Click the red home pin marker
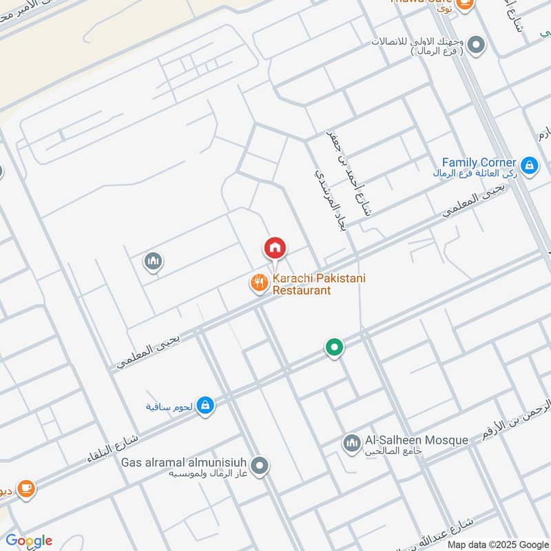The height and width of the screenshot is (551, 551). click(275, 248)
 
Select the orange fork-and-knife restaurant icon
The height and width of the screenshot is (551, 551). click(259, 282)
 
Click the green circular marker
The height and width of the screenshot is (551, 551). click(334, 347)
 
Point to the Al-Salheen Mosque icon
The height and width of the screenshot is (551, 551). click(351, 443)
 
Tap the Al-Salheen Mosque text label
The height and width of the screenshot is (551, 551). click(417, 440)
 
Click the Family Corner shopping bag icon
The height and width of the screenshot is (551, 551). click(529, 165)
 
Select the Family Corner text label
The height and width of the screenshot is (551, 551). click(479, 163)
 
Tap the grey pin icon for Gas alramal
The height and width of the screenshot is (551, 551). click(260, 466)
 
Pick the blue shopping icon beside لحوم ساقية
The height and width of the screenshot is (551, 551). click(205, 406)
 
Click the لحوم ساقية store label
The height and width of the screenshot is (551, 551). click(169, 406)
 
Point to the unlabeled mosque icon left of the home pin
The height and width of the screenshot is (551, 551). click(153, 261)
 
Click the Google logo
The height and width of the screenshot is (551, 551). click(29, 540)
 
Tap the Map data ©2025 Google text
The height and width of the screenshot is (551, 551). click(497, 544)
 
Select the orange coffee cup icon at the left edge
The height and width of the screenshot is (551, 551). click(26, 488)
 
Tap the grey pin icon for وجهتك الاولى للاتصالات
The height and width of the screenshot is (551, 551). click(477, 45)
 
